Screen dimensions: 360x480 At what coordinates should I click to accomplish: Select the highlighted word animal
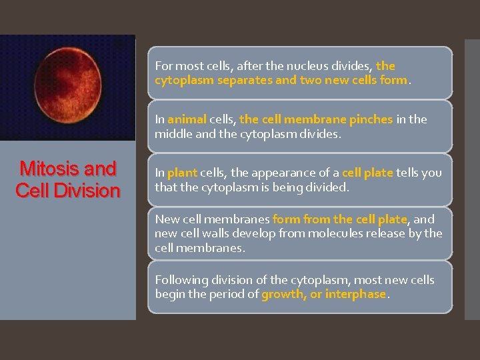[x=187, y=119]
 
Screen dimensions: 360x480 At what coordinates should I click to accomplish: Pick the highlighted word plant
[x=182, y=173]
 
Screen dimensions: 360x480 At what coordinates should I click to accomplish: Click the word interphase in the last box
[x=355, y=294]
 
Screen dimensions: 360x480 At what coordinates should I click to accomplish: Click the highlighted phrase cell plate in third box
[x=367, y=173]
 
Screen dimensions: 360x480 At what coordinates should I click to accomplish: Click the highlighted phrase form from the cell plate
[x=340, y=219]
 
